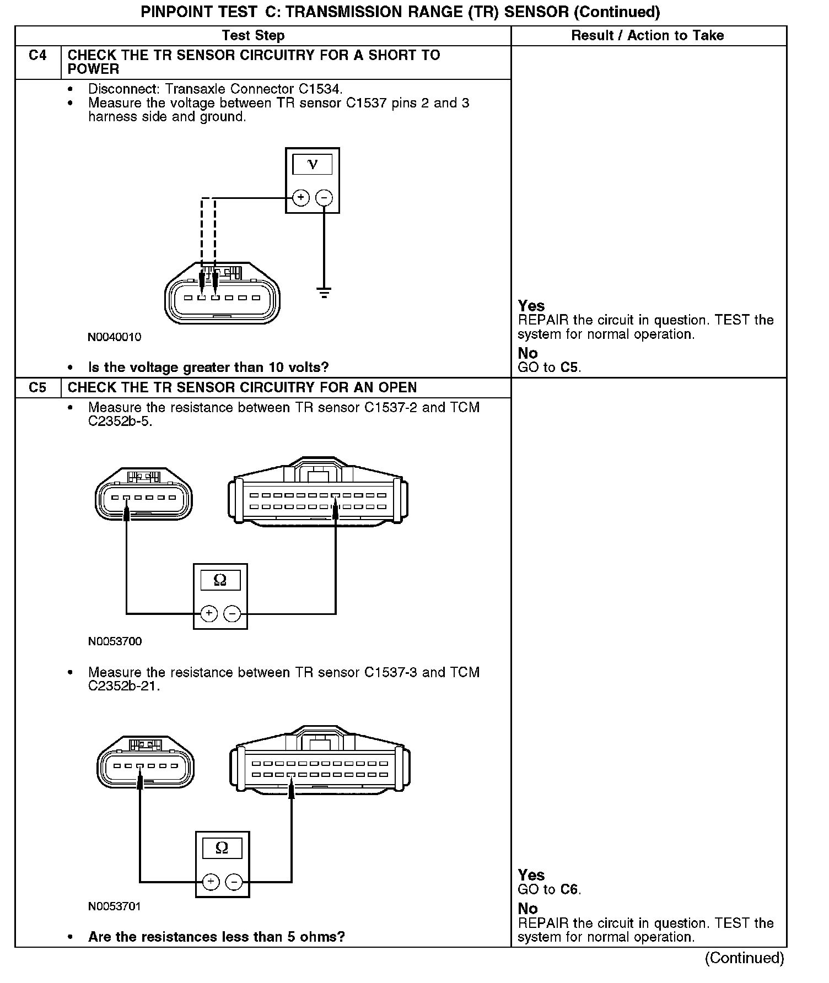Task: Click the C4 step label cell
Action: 37,56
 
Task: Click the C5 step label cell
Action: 37,388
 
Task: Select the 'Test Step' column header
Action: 253,36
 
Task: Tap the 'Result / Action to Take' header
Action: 647,36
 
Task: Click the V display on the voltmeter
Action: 313,165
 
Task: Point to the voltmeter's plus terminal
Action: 300,198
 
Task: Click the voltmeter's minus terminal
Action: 325,198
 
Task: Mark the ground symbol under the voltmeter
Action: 325,292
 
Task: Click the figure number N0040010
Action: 115,337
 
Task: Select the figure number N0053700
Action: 115,641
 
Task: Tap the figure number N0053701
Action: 115,906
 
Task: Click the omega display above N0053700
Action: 220,580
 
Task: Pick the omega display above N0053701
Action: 222,848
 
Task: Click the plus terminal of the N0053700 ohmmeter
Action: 208,613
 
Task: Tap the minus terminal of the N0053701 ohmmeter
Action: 234,882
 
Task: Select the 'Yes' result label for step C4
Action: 531,306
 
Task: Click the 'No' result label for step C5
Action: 527,909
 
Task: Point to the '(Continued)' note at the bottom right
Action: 744,958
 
